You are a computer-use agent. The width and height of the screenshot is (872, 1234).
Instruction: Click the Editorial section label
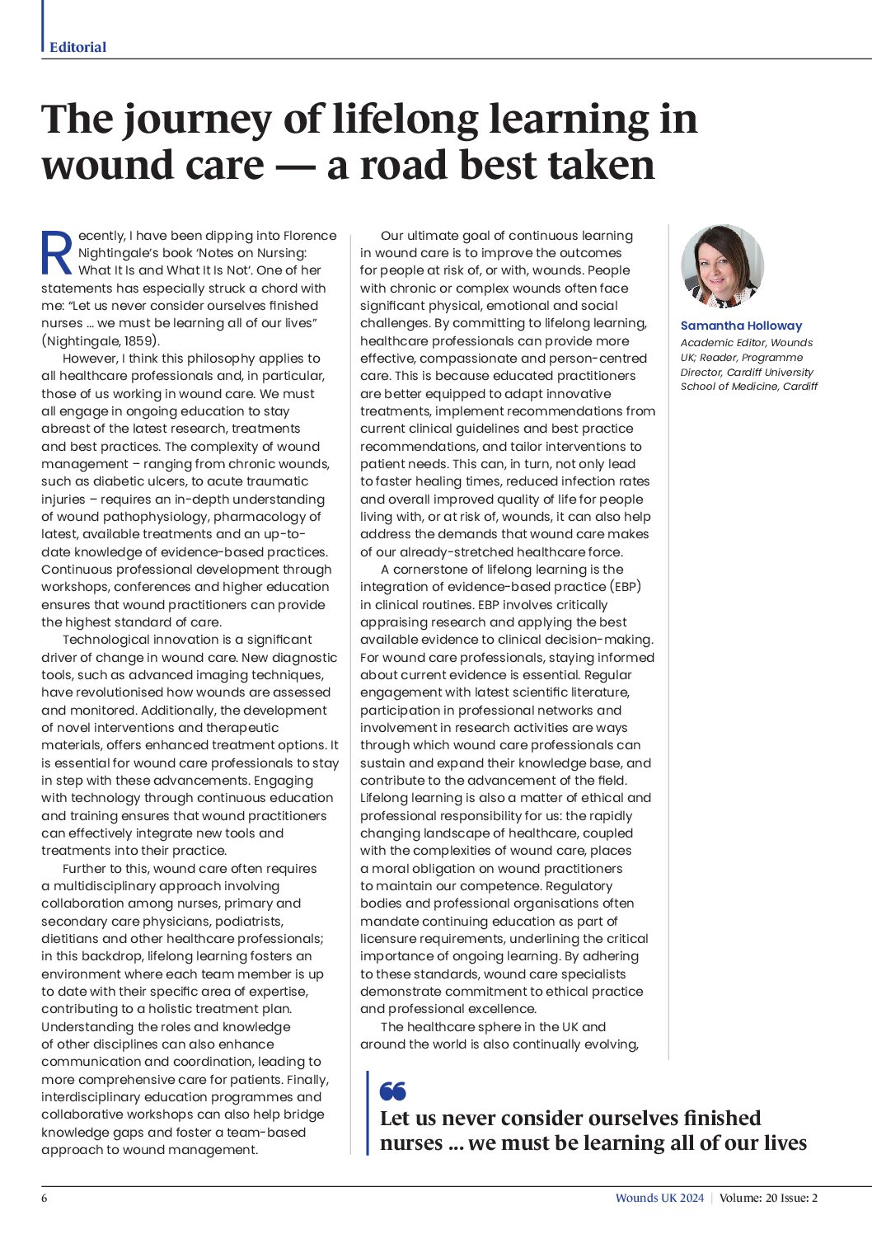point(77,47)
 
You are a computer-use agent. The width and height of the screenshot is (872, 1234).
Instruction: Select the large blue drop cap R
point(57,253)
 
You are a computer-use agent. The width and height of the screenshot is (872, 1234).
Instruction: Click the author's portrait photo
point(722,266)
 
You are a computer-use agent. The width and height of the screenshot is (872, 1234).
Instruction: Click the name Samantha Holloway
point(741,326)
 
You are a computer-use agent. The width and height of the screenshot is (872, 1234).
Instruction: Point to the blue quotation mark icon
point(393,1091)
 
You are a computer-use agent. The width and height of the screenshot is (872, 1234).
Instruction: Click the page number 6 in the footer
point(45,1198)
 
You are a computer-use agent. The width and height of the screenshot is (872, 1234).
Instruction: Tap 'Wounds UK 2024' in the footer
point(659,1198)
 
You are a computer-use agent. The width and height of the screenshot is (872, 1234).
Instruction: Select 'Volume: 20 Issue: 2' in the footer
point(768,1198)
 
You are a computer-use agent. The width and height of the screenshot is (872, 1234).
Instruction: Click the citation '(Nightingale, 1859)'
point(101,340)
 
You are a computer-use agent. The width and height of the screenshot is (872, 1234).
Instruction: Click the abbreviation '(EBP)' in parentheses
point(626,586)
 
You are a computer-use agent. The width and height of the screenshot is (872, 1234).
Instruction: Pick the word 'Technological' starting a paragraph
point(105,640)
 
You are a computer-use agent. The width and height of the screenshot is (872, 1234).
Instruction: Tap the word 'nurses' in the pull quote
point(411,1143)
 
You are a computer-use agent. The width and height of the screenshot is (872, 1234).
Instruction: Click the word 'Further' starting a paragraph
point(87,869)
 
